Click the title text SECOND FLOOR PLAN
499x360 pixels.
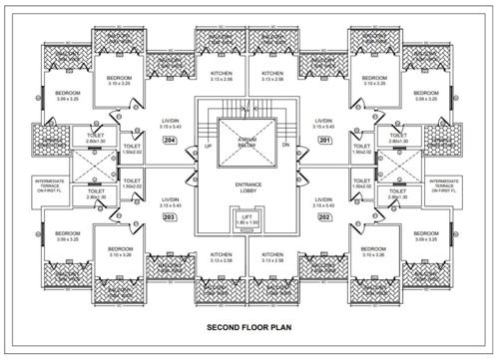(248, 326)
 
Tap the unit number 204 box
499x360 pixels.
(170, 141)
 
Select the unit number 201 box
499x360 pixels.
(323, 141)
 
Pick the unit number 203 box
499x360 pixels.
(170, 217)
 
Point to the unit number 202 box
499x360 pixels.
(323, 217)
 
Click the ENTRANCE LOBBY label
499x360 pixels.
(248, 187)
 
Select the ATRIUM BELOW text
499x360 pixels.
(248, 143)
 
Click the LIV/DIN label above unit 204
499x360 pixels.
(170, 123)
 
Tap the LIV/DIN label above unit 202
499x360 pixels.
(323, 202)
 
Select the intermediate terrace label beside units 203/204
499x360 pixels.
(51, 183)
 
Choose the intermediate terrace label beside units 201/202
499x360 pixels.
(444, 183)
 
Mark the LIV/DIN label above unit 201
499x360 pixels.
(323, 123)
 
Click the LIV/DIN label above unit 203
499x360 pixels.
(170, 202)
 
